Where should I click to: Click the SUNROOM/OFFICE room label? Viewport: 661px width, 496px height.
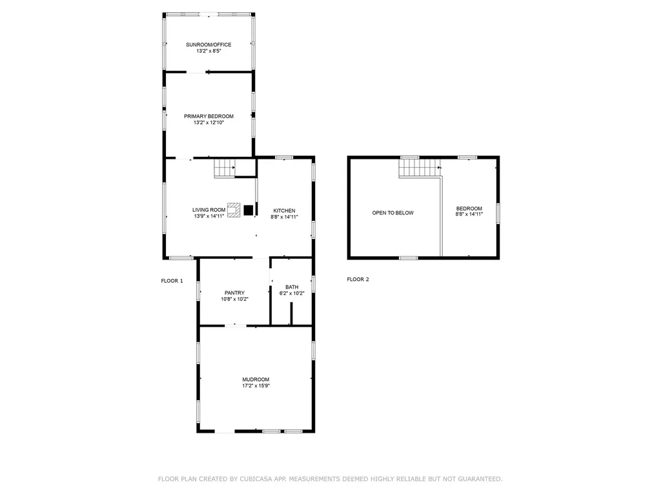click(208, 45)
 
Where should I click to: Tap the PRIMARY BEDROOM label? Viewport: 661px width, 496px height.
click(208, 116)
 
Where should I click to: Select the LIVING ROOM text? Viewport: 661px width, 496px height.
click(208, 210)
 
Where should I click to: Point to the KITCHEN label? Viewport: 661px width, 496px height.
click(284, 211)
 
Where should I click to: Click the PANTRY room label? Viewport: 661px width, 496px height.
click(234, 293)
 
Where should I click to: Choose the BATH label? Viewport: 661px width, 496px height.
click(292, 287)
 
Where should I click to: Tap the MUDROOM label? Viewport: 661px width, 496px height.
click(256, 380)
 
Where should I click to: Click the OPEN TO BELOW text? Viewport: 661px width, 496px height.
click(393, 213)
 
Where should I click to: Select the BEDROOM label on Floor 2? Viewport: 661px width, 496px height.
click(469, 209)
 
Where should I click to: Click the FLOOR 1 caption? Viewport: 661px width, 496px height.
click(172, 281)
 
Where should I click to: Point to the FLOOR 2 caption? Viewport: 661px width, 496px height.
click(358, 279)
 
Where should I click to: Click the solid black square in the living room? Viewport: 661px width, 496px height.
click(249, 210)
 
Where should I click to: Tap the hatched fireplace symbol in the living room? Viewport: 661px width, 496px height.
click(234, 210)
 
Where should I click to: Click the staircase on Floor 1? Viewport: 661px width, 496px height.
click(224, 168)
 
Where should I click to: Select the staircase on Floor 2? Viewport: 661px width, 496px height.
click(420, 168)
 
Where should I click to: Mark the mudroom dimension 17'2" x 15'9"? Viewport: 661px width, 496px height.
click(256, 386)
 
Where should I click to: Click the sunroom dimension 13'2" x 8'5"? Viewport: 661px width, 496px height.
click(208, 51)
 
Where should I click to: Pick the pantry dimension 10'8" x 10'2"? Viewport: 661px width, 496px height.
click(234, 299)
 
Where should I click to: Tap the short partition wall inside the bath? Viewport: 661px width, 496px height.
click(291, 313)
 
